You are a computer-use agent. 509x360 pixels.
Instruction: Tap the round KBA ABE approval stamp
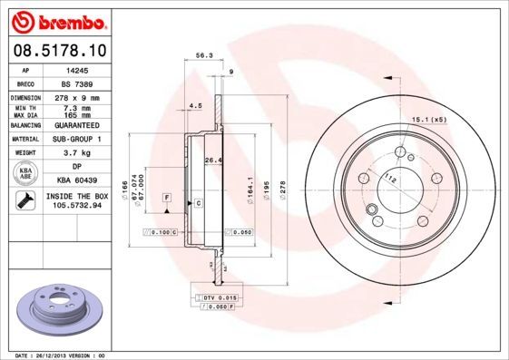coord(24,174)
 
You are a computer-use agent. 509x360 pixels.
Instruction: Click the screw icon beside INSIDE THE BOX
coord(24,200)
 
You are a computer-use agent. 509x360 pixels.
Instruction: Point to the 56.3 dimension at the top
coord(204,55)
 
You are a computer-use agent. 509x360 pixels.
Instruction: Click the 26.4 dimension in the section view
coord(212,161)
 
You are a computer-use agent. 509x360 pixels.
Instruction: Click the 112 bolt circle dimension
coord(390,178)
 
